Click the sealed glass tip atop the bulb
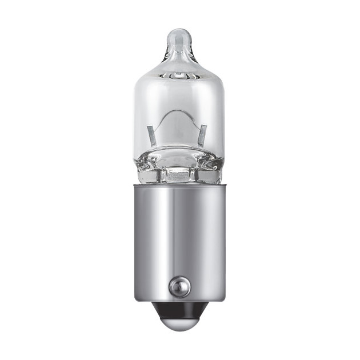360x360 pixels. click(x=179, y=39)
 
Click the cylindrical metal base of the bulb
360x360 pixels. click(x=179, y=240)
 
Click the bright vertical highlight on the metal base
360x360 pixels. click(x=166, y=240)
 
